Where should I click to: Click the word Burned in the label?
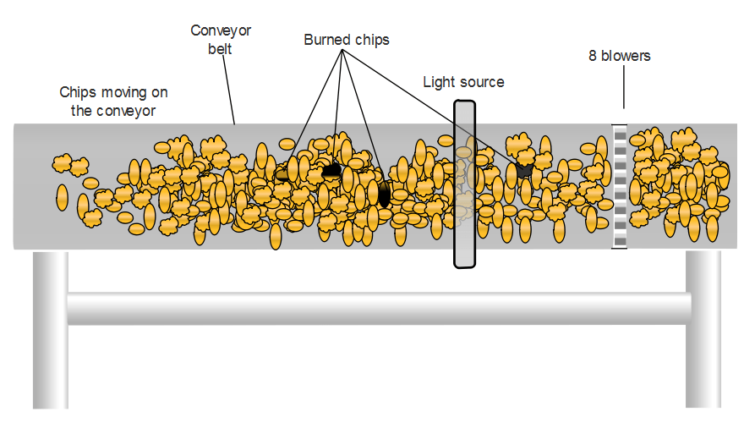(x=326, y=40)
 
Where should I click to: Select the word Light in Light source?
(x=439, y=82)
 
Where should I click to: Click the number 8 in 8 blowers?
(x=594, y=57)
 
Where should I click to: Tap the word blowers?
(x=626, y=57)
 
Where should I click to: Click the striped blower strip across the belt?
(x=619, y=186)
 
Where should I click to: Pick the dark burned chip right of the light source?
(x=524, y=169)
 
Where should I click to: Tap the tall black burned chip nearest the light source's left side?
(x=384, y=195)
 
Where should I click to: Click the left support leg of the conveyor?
(x=50, y=338)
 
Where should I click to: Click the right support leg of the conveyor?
(x=703, y=338)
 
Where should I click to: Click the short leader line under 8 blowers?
(x=624, y=90)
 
